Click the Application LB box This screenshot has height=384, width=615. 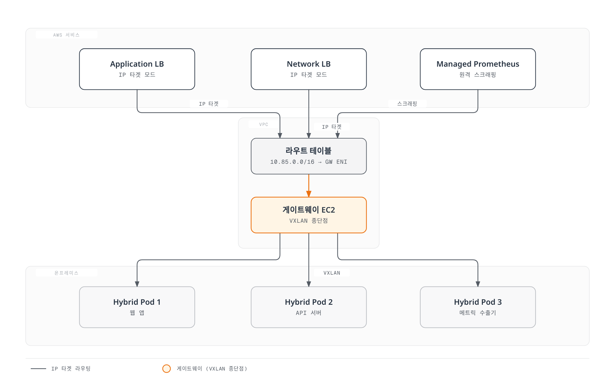[x=137, y=69]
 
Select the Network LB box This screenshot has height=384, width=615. [x=309, y=69]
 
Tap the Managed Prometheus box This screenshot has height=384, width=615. [x=478, y=69]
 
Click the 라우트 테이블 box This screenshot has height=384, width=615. [x=309, y=156]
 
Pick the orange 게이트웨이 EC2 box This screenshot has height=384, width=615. [x=309, y=215]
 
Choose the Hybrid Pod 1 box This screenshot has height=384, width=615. [x=137, y=307]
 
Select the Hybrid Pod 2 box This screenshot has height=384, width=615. [x=309, y=307]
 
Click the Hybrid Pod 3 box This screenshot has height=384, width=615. [x=478, y=307]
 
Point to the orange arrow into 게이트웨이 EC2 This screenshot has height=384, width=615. [x=309, y=186]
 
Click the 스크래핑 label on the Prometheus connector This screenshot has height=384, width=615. [x=407, y=104]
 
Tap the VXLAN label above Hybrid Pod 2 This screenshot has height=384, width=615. [x=332, y=273]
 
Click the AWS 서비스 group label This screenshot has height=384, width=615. [x=66, y=35]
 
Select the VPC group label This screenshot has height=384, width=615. [x=264, y=124]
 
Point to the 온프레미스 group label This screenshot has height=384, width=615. [x=66, y=273]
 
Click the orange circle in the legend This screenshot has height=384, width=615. [x=166, y=368]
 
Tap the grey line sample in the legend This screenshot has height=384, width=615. [x=38, y=368]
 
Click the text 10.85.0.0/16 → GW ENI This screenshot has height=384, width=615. [x=309, y=162]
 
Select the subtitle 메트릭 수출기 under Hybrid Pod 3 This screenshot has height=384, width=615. [x=478, y=313]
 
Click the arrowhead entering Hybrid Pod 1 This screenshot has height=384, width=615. [x=137, y=284]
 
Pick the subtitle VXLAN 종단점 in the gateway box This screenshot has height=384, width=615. [x=309, y=221]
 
